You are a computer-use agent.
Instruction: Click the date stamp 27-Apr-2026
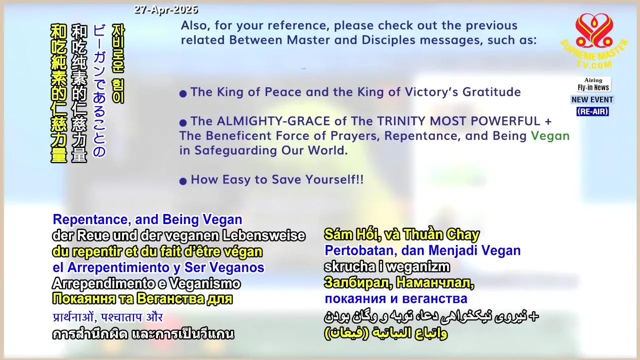(x=166, y=10)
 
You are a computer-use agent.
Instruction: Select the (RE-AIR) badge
(x=592, y=111)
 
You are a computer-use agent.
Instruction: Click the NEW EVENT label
(x=592, y=99)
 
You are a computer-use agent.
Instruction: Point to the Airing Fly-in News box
(x=593, y=84)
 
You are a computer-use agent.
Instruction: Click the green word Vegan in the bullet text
(x=550, y=136)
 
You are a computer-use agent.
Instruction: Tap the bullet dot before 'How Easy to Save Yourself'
(x=183, y=181)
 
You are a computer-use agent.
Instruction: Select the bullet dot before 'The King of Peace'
(x=183, y=93)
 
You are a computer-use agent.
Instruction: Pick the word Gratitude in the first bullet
(x=491, y=92)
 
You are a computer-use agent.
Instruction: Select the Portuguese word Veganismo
(x=205, y=283)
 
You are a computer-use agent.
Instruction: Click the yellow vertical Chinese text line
(x=58, y=93)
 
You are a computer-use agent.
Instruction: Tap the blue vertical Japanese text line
(x=99, y=90)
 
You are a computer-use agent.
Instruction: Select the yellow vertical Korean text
(x=118, y=63)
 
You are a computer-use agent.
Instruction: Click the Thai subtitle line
(x=143, y=334)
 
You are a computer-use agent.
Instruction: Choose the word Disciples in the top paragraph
(x=388, y=40)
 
